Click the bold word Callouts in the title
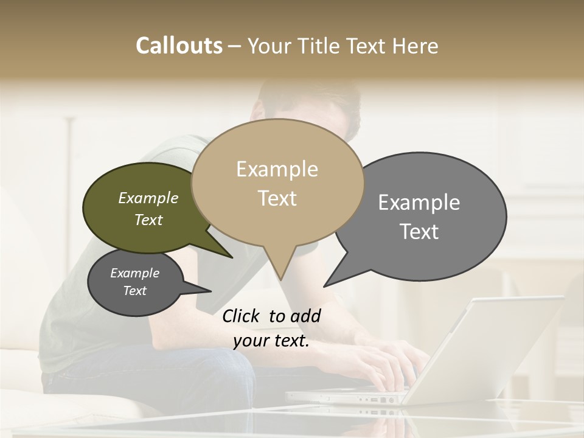179,46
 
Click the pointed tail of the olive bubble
231,257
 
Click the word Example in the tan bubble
277,169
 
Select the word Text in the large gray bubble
419,232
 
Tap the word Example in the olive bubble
148,198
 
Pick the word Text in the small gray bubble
135,291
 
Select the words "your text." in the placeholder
271,341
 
